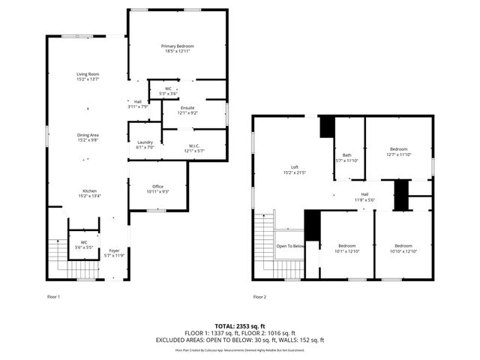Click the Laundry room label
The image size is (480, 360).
tap(145, 145)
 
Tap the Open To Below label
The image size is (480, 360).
tap(290, 246)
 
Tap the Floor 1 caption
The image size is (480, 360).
tap(53, 297)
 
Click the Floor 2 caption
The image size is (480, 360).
tap(259, 297)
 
